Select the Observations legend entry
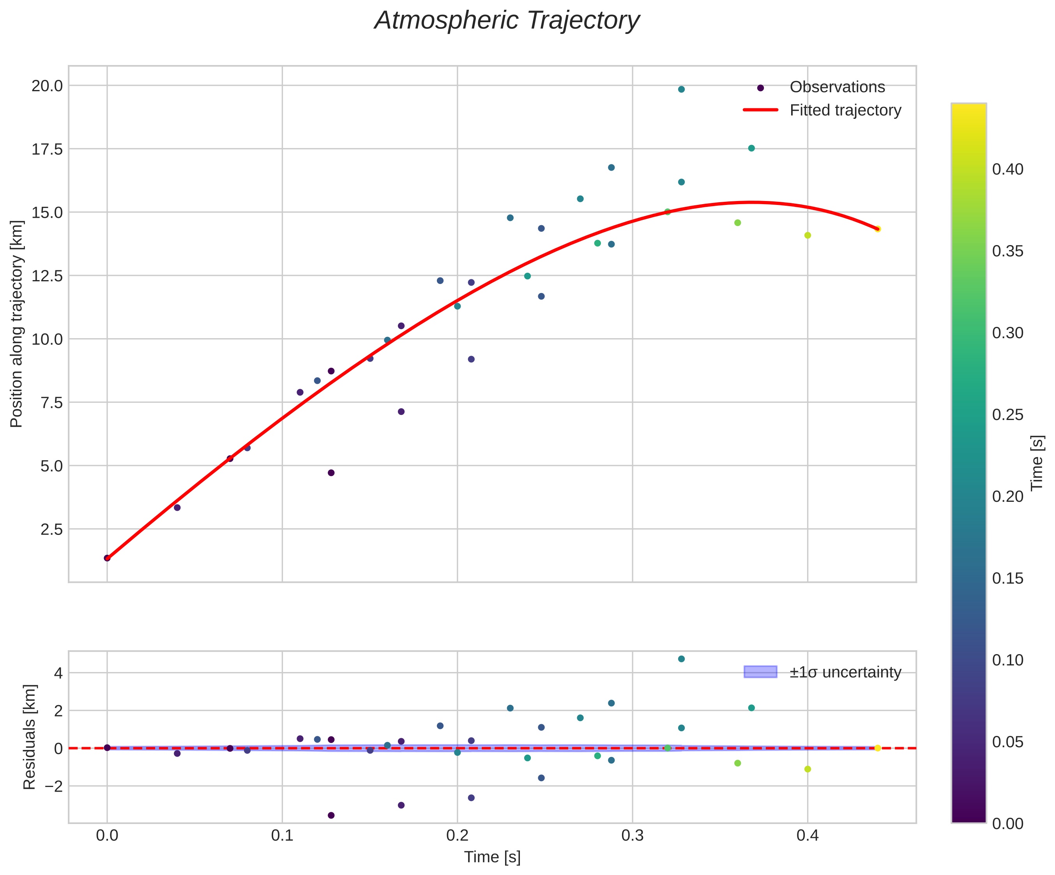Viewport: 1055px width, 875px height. click(x=837, y=87)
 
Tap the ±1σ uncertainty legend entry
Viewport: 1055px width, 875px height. click(x=845, y=672)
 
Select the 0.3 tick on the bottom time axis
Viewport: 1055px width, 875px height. click(x=632, y=835)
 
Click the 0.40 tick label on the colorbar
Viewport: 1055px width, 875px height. click(x=1007, y=169)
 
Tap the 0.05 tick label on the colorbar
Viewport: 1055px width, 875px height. click(x=1007, y=742)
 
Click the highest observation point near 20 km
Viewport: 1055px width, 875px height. click(x=681, y=89)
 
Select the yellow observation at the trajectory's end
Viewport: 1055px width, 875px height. click(x=878, y=229)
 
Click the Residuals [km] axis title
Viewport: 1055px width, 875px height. click(x=30, y=736)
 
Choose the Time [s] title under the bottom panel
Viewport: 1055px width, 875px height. click(x=492, y=857)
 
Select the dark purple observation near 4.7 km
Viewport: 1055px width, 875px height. click(x=331, y=473)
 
